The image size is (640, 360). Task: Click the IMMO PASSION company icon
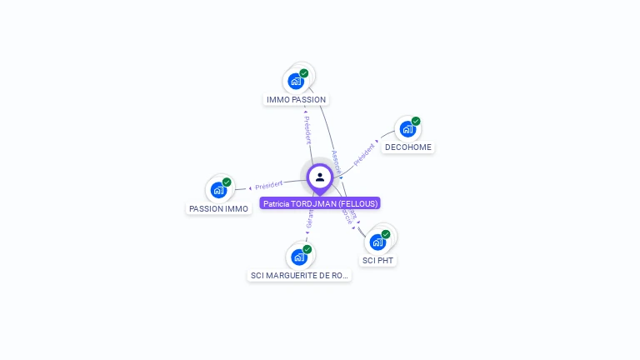click(295, 81)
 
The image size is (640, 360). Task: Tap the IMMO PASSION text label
click(296, 100)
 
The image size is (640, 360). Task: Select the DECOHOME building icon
click(407, 129)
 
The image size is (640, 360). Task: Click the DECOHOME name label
click(408, 147)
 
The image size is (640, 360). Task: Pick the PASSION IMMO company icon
click(218, 190)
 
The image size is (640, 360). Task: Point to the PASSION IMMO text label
click(218, 209)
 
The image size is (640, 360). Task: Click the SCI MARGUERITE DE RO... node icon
click(298, 257)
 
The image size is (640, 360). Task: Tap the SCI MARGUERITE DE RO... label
click(299, 276)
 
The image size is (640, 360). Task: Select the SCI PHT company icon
click(377, 242)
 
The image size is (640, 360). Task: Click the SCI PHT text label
click(378, 261)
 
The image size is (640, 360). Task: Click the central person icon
click(320, 177)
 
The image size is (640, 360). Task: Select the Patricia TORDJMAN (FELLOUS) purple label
click(320, 203)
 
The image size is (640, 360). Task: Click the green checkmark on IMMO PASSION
click(304, 73)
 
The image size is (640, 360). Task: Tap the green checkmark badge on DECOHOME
click(416, 121)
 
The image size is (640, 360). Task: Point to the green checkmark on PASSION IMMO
click(227, 182)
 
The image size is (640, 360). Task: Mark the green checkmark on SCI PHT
click(386, 234)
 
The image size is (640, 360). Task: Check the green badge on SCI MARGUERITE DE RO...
click(307, 249)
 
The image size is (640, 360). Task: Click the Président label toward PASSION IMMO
click(269, 184)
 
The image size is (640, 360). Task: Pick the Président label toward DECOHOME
click(364, 155)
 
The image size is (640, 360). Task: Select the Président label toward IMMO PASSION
click(307, 128)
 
